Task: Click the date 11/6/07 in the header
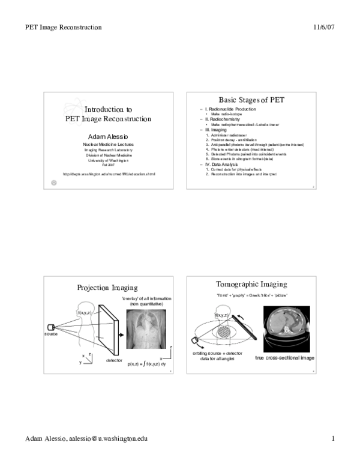(323, 27)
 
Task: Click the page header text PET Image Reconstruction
(64, 27)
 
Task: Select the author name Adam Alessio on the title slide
(108, 136)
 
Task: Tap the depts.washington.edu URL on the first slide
(109, 174)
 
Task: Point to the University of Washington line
(108, 160)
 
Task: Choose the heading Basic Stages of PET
(251, 100)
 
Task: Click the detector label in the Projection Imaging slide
(114, 360)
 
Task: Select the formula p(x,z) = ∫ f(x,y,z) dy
(146, 365)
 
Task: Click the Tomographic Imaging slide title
(251, 284)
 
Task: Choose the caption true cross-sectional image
(284, 358)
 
